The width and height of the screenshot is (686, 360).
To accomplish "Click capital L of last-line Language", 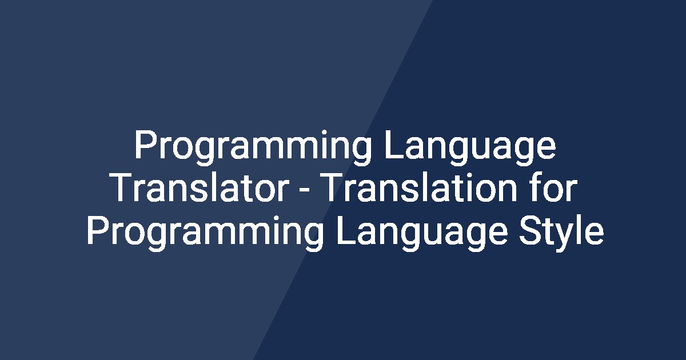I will [346, 232].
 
